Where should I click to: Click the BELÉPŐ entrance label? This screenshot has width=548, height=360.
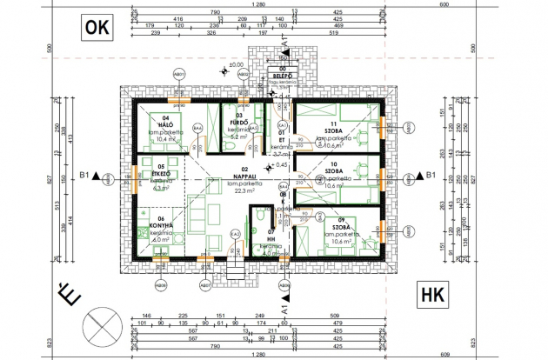point(281,77)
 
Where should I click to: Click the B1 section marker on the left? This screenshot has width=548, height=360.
point(85,176)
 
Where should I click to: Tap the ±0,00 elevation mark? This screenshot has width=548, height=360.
point(235,65)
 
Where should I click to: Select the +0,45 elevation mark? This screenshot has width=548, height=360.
point(280,164)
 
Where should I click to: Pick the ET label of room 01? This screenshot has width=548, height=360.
point(282,139)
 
